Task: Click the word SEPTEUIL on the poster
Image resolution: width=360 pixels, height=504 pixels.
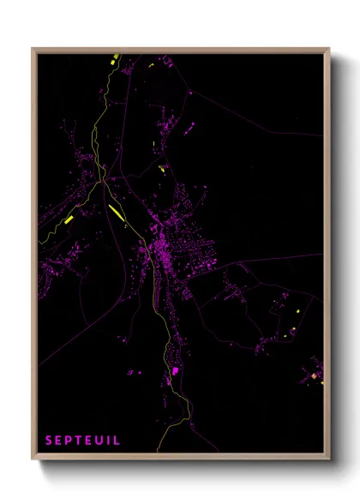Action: point(83,441)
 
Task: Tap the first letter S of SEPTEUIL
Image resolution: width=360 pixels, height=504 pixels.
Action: point(50,441)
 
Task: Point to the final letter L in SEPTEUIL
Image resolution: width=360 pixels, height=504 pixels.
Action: point(117,441)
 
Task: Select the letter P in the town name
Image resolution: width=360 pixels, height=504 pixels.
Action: point(69,441)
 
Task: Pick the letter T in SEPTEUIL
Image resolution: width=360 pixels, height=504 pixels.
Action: point(79,441)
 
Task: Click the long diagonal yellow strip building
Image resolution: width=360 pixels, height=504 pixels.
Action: point(115,211)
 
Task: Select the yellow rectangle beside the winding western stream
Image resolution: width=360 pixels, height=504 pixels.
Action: point(69,219)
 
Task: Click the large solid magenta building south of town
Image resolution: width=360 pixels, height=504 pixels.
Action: point(176,370)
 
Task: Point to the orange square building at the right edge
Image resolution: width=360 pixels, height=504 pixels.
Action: point(315,375)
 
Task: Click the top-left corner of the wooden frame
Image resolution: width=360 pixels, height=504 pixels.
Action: point(33,49)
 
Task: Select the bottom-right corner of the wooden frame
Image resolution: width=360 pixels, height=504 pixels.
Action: point(328,459)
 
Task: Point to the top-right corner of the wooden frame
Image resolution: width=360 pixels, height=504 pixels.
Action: point(328,49)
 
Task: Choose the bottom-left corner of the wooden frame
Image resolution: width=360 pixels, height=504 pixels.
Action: point(33,459)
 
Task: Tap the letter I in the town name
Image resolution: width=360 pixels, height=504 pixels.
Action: point(109,441)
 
